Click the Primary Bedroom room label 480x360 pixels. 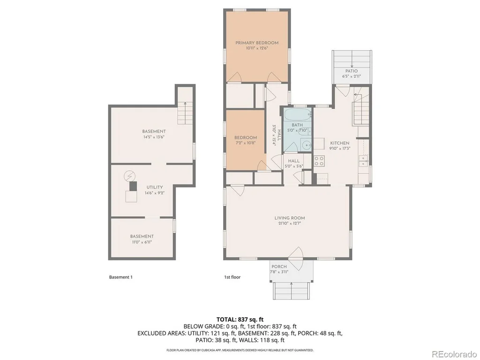point(257,43)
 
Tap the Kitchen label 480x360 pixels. point(339,143)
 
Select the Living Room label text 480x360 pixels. point(290,218)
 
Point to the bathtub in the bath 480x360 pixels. point(298,115)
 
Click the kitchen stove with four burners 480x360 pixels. point(319,161)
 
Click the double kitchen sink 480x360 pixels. point(363,160)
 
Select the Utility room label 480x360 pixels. point(155,187)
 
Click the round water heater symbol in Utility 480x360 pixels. point(129,176)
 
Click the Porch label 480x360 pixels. point(279,267)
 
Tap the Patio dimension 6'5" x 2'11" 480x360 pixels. point(352,76)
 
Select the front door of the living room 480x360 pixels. point(296,254)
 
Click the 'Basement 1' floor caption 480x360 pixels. point(121,277)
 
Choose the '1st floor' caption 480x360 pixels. point(232,277)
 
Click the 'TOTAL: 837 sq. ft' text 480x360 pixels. point(240,320)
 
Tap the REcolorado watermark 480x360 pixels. point(454,354)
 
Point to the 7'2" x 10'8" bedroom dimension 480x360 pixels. point(246,142)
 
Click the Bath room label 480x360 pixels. point(297,125)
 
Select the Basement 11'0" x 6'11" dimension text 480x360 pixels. point(142,242)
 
